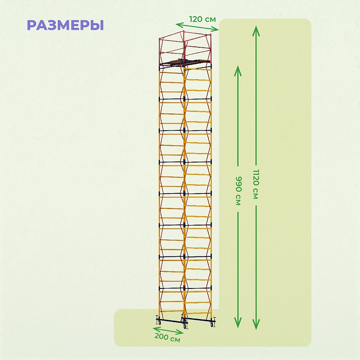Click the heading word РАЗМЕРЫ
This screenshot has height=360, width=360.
point(65,25)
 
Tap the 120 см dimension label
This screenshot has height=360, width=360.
point(202,19)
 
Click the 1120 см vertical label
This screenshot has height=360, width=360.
point(256,184)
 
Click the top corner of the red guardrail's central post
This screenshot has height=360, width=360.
point(184,31)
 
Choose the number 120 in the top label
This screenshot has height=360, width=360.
point(197,19)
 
